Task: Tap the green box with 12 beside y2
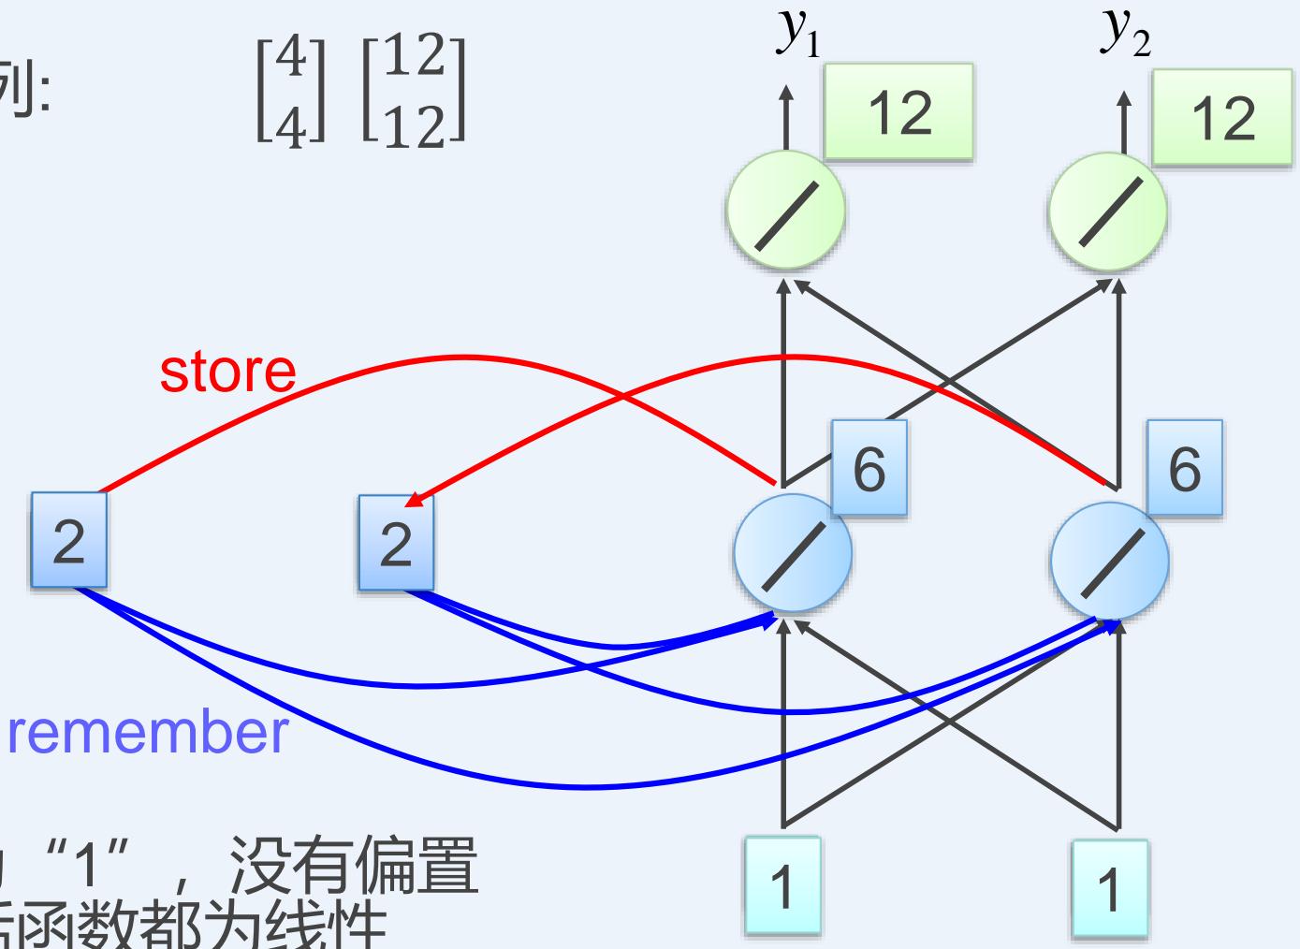point(1223,118)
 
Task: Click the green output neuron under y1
point(785,212)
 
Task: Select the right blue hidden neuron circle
point(1110,560)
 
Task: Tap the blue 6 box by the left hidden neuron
point(869,468)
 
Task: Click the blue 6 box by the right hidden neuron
point(1184,468)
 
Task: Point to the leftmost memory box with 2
point(68,540)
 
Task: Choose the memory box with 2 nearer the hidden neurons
point(396,543)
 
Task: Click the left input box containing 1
point(782,885)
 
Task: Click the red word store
point(227,371)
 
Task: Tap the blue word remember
point(149,732)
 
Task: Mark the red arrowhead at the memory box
point(413,500)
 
